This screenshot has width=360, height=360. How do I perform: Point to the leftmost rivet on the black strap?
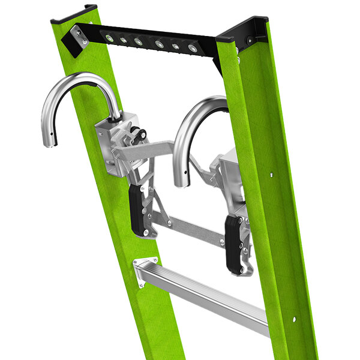tap(109, 37)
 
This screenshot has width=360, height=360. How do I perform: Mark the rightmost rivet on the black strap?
tap(192, 48)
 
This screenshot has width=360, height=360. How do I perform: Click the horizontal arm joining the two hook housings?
tap(159, 148)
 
